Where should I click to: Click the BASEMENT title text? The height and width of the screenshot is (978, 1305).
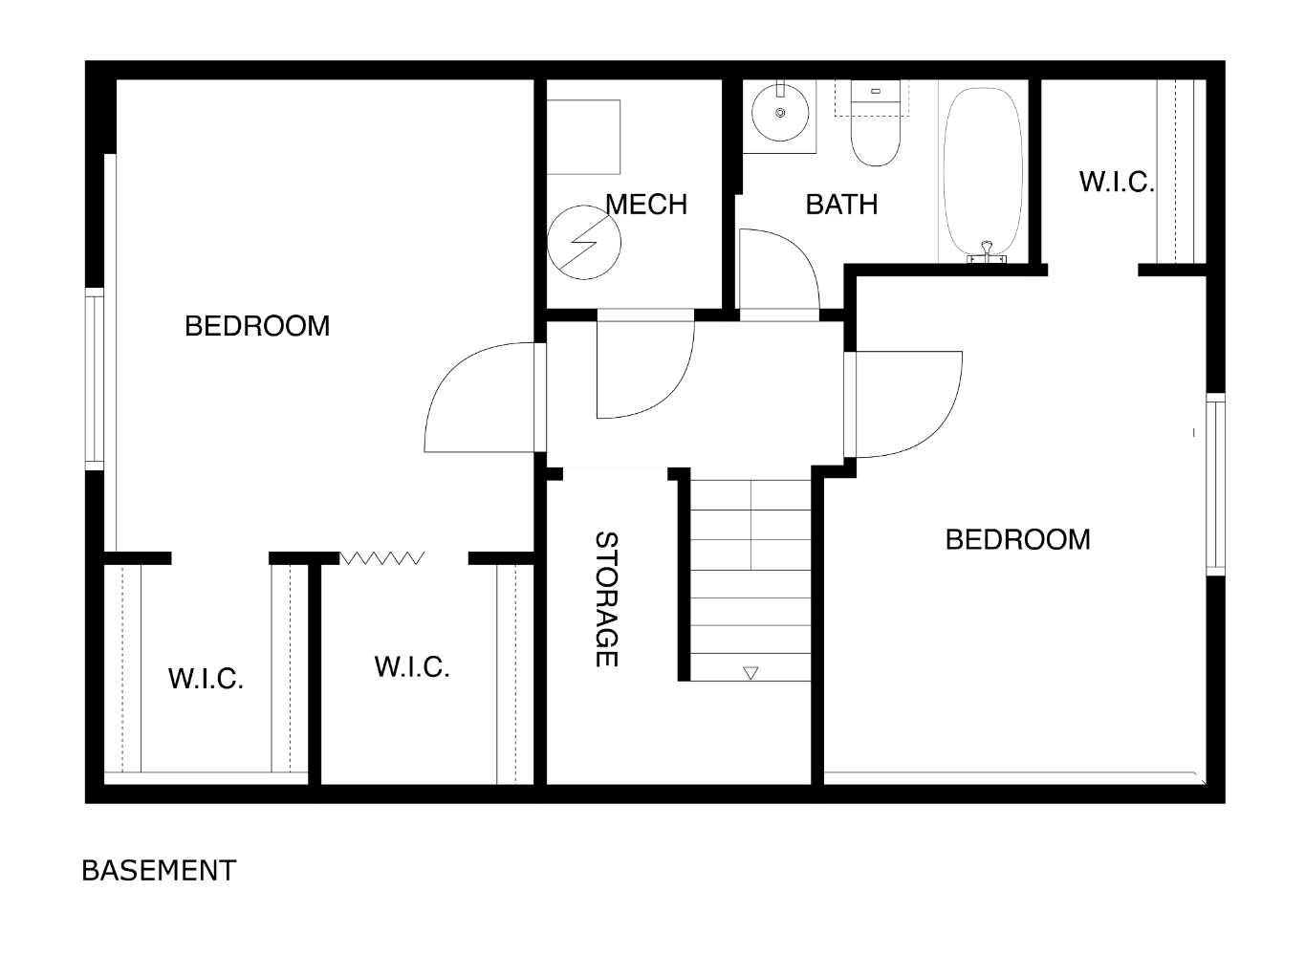159,870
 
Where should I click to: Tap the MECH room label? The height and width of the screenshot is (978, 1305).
646,205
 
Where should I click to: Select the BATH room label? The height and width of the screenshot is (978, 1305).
841,205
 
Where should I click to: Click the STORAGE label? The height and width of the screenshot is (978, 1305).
606,598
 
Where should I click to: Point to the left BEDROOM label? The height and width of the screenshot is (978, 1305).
257,326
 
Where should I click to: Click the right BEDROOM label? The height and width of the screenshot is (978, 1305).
1017,539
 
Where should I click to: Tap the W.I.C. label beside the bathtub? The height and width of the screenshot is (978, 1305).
1117,182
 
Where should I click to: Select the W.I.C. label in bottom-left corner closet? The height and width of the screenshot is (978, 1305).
206,679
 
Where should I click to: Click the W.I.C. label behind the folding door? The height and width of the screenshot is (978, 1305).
412,666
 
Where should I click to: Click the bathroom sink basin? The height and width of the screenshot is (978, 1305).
780,113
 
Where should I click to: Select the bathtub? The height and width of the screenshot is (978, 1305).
983,172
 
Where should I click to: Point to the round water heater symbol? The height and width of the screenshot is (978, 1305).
584,242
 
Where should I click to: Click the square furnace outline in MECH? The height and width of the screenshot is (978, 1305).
583,137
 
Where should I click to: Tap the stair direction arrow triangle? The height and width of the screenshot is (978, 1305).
750,673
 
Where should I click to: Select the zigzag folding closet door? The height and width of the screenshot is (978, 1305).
382,557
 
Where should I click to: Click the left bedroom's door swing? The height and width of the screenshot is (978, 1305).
478,397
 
